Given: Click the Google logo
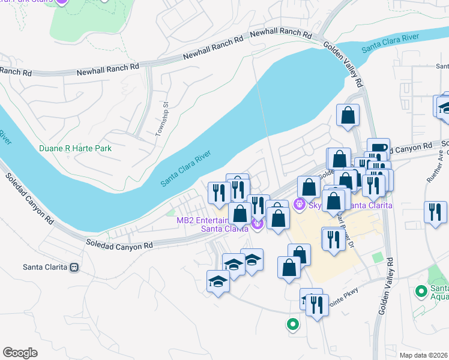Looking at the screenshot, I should [20, 353].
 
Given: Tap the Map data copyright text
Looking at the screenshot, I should [424, 355].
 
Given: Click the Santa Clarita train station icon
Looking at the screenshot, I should [74, 267].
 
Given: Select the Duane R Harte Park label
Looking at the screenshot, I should [75, 148].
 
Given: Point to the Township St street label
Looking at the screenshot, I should [159, 121].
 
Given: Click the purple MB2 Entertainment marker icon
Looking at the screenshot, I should [258, 224].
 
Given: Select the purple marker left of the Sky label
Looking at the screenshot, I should [300, 205].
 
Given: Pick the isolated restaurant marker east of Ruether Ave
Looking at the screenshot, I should [435, 212].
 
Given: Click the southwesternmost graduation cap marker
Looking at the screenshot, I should [218, 280].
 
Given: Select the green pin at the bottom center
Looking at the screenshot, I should [292, 325].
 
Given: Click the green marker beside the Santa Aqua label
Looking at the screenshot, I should [421, 292].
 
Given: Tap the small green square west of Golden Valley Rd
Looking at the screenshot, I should [377, 257].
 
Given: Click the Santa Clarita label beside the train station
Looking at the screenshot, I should [43, 267].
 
